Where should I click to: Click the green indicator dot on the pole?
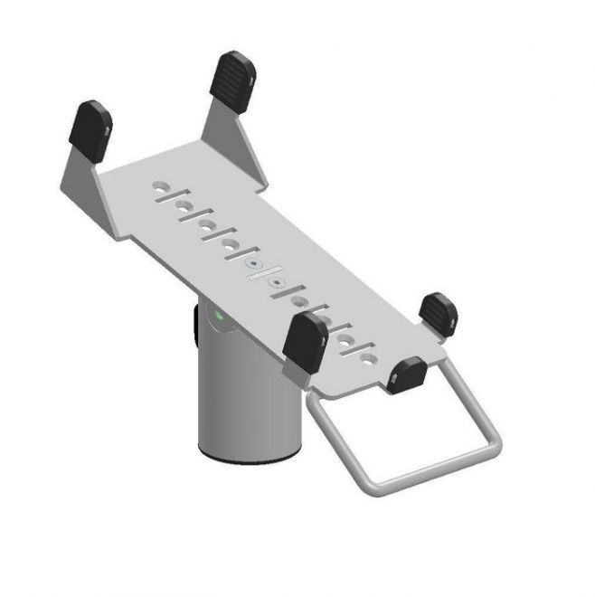pos(219,317)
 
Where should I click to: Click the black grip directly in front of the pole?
pos(305,341)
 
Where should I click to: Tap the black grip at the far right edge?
pos(439,314)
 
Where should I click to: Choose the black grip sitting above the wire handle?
pos(406,374)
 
